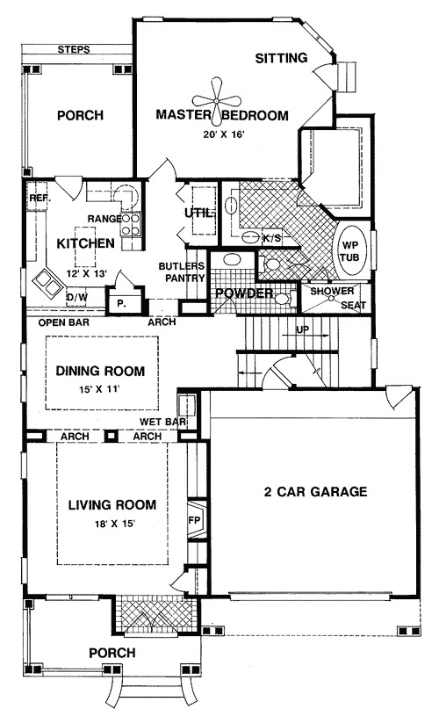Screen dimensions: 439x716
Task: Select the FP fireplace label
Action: click(194, 521)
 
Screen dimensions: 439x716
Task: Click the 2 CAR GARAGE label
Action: click(315, 491)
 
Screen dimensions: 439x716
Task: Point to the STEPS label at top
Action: click(74, 49)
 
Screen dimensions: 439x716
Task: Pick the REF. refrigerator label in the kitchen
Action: click(40, 199)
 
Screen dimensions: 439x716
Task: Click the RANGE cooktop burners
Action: click(131, 224)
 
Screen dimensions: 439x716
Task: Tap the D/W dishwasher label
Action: click(76, 298)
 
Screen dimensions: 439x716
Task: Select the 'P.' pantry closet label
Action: click(121, 302)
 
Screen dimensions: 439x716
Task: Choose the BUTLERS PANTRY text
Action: click(182, 271)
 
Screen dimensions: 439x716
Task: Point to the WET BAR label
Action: click(163, 422)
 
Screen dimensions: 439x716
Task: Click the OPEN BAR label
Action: click(64, 322)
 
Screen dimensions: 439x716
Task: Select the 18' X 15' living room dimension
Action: click(112, 524)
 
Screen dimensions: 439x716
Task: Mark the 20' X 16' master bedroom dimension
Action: click(224, 134)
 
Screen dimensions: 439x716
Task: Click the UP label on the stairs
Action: click(303, 329)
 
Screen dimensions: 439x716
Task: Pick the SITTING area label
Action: click(281, 58)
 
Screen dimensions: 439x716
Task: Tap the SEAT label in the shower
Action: click(354, 305)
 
